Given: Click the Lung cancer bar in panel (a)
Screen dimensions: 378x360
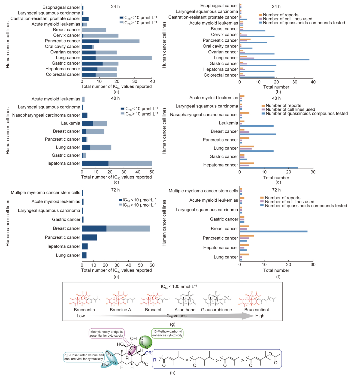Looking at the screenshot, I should point(117,58).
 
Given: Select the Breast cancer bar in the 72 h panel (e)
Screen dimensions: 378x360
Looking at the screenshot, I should point(116,228).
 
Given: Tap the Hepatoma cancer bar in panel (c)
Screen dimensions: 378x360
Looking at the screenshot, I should point(117,163).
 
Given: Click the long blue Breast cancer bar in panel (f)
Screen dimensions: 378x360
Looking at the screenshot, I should point(273,231).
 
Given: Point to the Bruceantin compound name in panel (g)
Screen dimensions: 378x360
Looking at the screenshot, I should point(84,310).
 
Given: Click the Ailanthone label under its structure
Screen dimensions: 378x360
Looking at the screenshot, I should point(185,310).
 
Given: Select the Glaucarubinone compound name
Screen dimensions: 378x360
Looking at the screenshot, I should point(216,310).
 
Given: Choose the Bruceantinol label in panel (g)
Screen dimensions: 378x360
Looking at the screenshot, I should point(256,310).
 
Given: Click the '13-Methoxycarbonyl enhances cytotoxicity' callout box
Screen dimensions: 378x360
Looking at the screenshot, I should point(167,333).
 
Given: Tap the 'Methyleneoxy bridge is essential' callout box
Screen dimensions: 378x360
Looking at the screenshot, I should point(107,334).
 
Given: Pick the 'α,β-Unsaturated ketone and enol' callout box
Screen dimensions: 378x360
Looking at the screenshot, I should point(84,357).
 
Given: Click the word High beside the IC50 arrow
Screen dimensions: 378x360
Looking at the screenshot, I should point(260,316).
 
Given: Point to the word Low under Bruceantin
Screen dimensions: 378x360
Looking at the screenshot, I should point(81,316).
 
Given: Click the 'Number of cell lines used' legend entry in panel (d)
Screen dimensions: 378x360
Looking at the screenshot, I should point(290,110).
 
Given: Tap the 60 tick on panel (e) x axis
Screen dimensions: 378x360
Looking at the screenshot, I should point(152,265).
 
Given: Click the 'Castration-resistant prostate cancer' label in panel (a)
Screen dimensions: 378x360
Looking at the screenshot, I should point(45,19).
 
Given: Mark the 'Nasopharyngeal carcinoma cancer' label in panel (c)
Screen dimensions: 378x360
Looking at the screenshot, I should point(46,115).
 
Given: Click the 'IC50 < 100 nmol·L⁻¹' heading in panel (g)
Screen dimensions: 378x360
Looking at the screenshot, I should point(179,286).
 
